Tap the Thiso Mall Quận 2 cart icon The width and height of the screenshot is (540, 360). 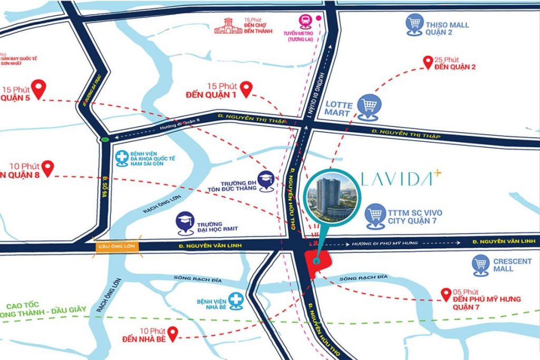(414, 24)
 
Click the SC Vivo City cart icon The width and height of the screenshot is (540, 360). (375, 216)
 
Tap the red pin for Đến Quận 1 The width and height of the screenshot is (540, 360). (246, 90)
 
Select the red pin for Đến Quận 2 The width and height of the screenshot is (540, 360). (428, 62)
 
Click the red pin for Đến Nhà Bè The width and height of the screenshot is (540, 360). (172, 332)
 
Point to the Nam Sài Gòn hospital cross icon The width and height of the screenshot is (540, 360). (122, 158)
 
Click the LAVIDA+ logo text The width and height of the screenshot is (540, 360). (401, 180)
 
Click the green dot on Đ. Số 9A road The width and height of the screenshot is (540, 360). (105, 140)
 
